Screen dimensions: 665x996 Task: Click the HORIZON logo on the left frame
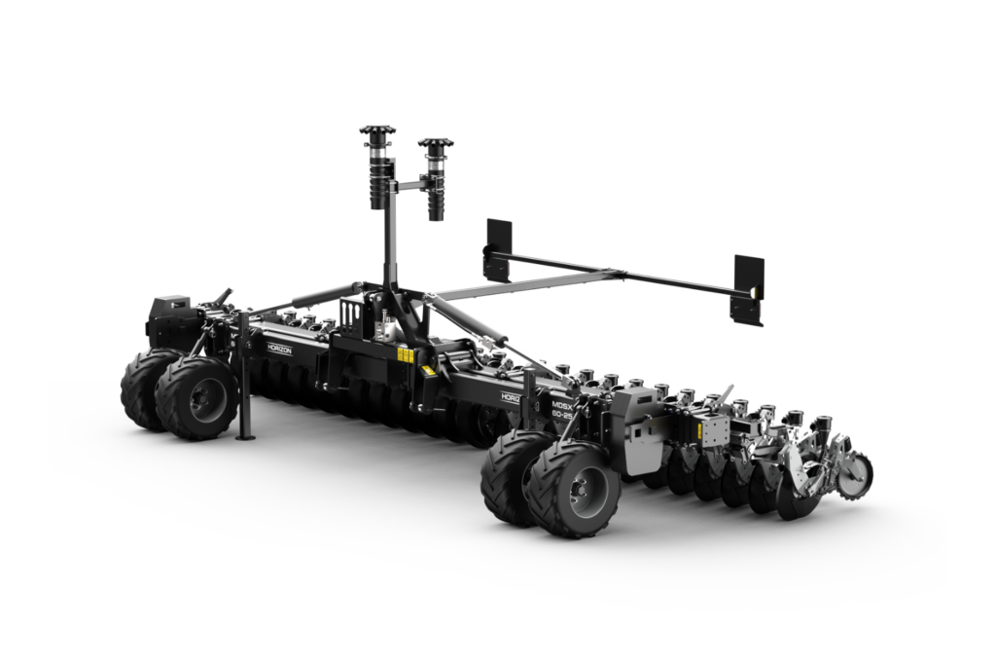[x=279, y=348]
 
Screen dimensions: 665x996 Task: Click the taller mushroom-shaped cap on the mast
[x=377, y=131]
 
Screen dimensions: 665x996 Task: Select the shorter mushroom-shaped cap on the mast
[x=436, y=145]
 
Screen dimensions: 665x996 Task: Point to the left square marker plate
[x=498, y=249]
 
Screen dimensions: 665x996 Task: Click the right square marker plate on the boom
[x=748, y=289]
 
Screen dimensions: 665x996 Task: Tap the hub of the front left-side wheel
[x=207, y=399]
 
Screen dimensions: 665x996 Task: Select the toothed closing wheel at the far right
[x=855, y=476]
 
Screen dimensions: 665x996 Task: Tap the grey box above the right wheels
[x=642, y=415]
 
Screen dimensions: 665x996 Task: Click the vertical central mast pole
[x=391, y=234]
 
